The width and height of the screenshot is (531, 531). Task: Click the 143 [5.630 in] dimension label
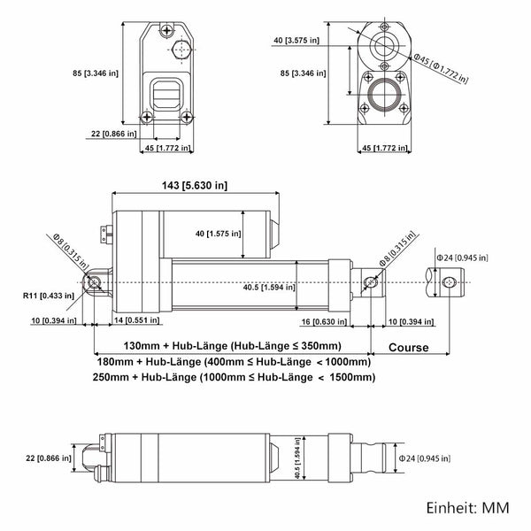[195, 186]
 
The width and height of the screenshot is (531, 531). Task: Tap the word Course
[408, 348]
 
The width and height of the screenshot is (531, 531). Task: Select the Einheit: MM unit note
[467, 508]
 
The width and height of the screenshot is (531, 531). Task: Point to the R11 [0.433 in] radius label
[49, 296]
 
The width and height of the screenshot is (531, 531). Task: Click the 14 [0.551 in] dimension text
[136, 320]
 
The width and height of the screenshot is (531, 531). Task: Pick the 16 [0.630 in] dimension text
[324, 321]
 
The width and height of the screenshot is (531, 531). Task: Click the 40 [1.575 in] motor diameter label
[218, 234]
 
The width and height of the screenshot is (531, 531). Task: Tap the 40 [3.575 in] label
[296, 41]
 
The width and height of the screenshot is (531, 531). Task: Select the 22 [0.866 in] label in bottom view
[49, 458]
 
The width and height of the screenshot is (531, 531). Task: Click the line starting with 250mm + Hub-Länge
[234, 377]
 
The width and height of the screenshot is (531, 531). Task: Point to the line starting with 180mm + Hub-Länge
[234, 362]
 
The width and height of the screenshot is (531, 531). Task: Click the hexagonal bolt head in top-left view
[181, 50]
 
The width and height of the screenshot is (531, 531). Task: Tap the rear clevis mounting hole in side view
[94, 282]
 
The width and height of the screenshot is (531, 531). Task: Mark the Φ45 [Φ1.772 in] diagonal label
[441, 69]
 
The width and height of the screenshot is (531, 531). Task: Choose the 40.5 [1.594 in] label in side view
[269, 288]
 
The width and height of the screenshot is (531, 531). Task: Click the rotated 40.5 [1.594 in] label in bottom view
[297, 458]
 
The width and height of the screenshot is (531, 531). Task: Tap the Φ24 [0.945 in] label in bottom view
[424, 458]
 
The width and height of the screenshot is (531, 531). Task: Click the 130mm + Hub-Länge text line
[232, 346]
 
